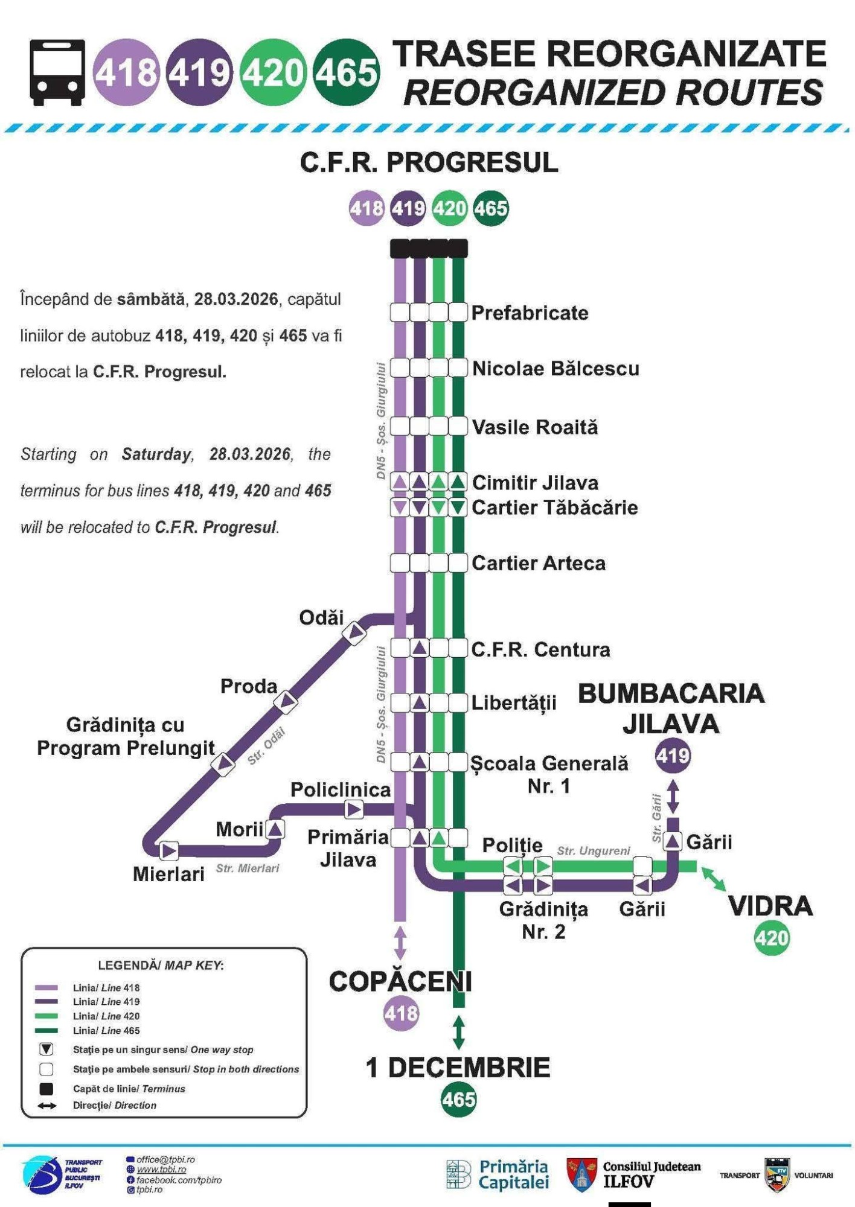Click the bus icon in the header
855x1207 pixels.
[57, 72]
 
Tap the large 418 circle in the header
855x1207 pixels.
[126, 72]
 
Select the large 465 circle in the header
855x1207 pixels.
[346, 72]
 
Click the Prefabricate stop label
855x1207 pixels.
[530, 313]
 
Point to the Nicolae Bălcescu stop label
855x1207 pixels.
[556, 368]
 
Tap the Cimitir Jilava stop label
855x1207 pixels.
[535, 483]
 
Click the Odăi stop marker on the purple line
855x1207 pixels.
[354, 632]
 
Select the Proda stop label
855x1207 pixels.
[248, 686]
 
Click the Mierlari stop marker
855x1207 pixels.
[169, 850]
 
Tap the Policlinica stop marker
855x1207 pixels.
[354, 809]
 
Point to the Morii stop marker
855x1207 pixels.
[275, 829]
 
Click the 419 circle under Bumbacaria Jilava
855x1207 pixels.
[673, 755]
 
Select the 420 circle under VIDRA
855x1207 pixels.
[772, 938]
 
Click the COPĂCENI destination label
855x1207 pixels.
[400, 982]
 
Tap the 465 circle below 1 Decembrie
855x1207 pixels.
[458, 1100]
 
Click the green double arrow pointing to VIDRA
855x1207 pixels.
[714, 879]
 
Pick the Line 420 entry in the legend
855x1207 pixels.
[106, 1016]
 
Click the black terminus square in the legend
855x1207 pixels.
[46, 1089]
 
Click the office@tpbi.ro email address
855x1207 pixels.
[165, 1160]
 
